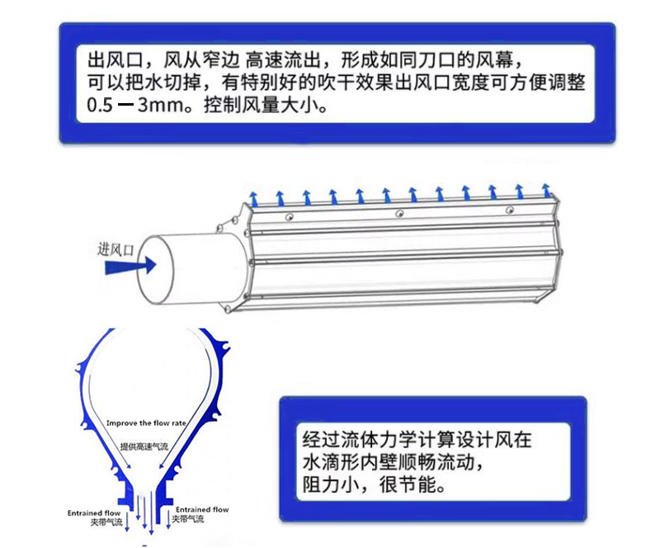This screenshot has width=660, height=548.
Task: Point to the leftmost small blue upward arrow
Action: click(x=255, y=198)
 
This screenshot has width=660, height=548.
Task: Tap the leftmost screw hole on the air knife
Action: click(x=289, y=216)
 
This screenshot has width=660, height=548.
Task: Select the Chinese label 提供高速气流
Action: click(x=144, y=446)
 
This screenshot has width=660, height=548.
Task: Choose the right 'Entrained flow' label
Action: click(x=202, y=510)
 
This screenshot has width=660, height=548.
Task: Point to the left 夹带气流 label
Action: click(x=105, y=522)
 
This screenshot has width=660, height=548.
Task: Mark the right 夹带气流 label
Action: click(x=189, y=520)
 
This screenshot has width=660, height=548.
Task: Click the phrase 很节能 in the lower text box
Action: click(x=399, y=482)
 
